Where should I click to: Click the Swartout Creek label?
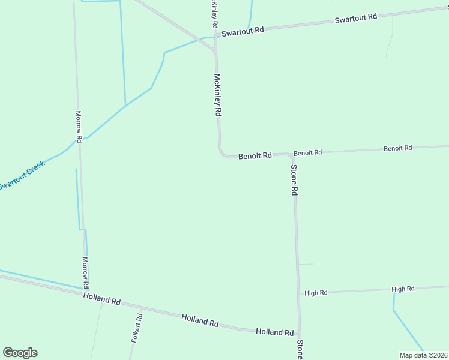point(22,175)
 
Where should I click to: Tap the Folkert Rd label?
point(137,328)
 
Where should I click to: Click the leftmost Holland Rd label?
point(102,298)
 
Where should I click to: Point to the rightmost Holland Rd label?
point(274,332)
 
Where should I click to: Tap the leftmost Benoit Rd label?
point(255,156)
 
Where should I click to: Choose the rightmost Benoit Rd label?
point(397,148)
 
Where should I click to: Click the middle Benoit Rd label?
point(307,152)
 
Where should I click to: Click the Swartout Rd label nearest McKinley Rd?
point(243,31)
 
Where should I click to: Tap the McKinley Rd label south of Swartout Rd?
point(218,95)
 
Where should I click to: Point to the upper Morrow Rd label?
point(79,126)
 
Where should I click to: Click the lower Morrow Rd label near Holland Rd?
point(85,272)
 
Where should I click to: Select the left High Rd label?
point(316,293)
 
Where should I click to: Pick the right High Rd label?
point(403,289)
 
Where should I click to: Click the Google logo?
point(20,353)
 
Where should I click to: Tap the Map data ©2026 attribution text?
point(424,355)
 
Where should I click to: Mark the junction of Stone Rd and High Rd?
point(298,293)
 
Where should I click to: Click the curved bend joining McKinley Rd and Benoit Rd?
point(222,154)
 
